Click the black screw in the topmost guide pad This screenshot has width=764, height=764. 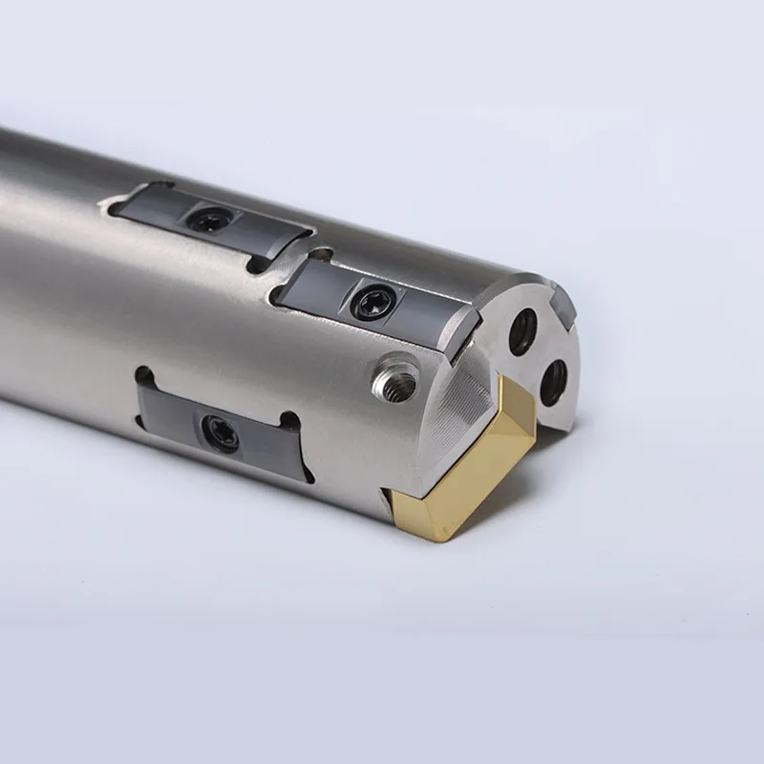[209, 221]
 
